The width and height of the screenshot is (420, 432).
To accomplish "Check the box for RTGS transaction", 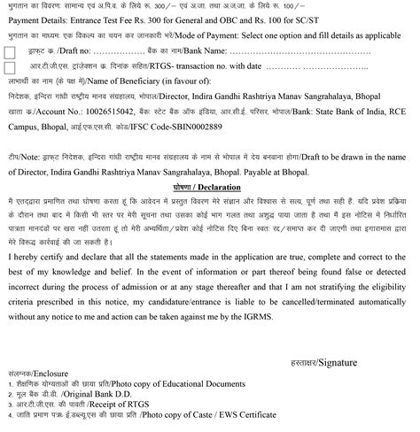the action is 10,66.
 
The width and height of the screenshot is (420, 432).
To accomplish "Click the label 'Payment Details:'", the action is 36,15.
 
